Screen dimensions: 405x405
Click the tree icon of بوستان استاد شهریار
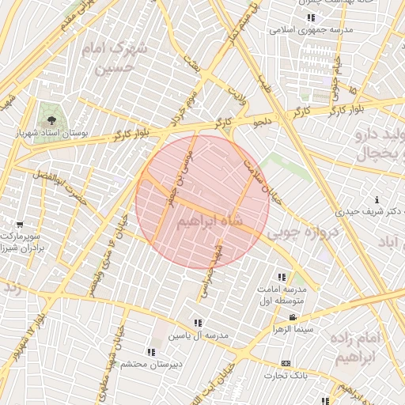51,121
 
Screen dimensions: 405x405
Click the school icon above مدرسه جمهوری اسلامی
311,17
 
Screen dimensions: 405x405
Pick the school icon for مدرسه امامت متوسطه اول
282,277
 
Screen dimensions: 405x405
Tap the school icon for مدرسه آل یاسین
197,323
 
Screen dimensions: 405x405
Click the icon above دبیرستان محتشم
151,351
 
